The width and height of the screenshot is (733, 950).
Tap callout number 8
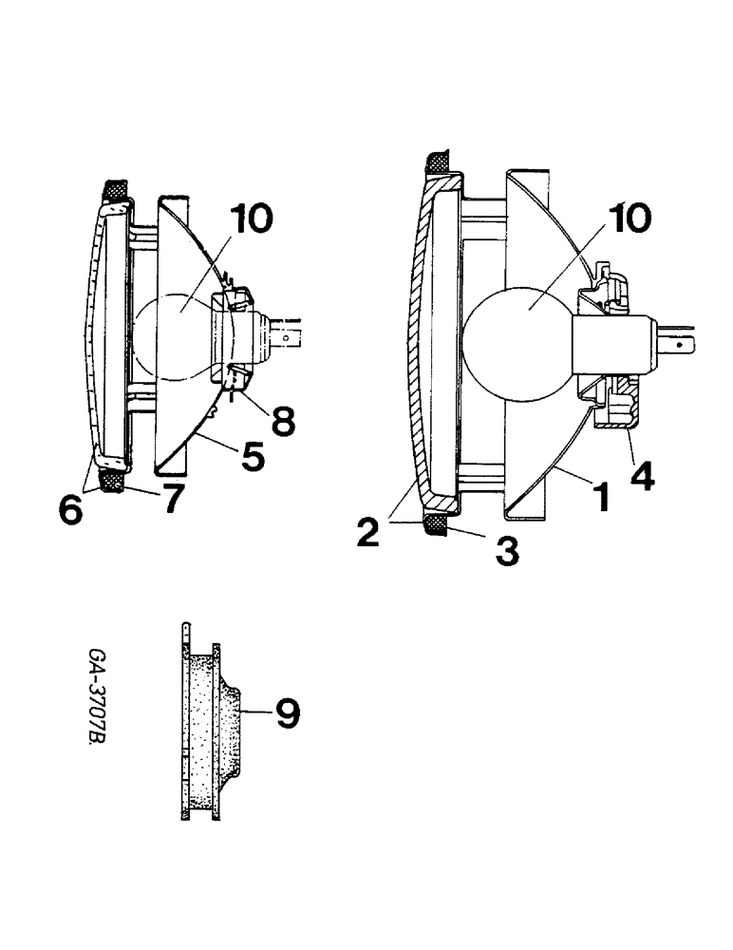coord(280,421)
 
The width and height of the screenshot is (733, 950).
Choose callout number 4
coord(642,475)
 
